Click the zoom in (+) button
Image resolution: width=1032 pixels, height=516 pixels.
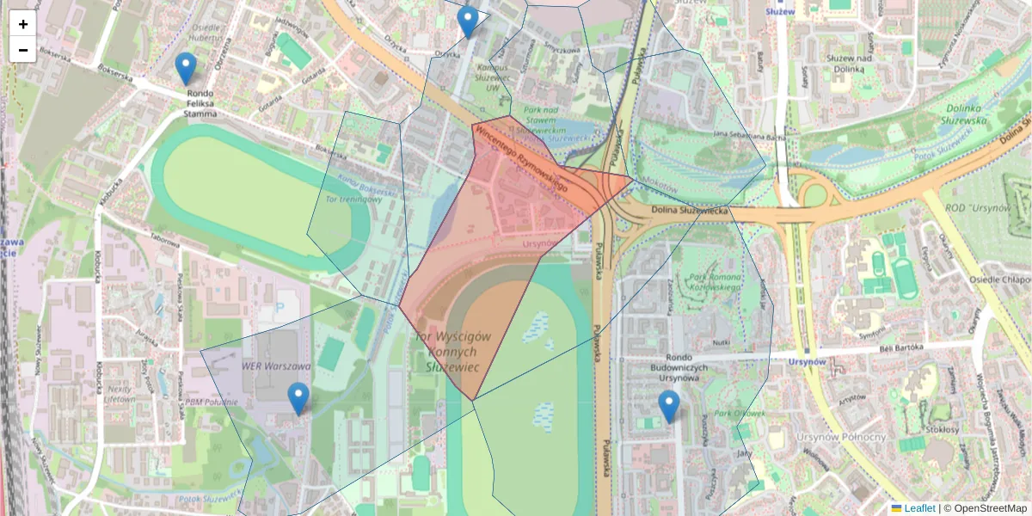click(x=23, y=24)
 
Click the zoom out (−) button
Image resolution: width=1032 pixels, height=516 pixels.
click(x=23, y=50)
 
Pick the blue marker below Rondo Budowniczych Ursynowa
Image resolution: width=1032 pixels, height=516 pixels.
click(x=668, y=406)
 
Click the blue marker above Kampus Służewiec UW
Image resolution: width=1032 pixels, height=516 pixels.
click(x=468, y=22)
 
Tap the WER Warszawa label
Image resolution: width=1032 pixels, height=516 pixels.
click(x=263, y=365)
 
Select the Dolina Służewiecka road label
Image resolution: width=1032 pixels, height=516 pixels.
click(x=689, y=211)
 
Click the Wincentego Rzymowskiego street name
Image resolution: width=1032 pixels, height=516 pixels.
click(x=521, y=157)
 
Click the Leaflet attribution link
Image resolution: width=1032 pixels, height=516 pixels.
click(x=918, y=508)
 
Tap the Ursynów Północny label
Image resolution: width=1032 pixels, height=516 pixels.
click(x=843, y=437)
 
